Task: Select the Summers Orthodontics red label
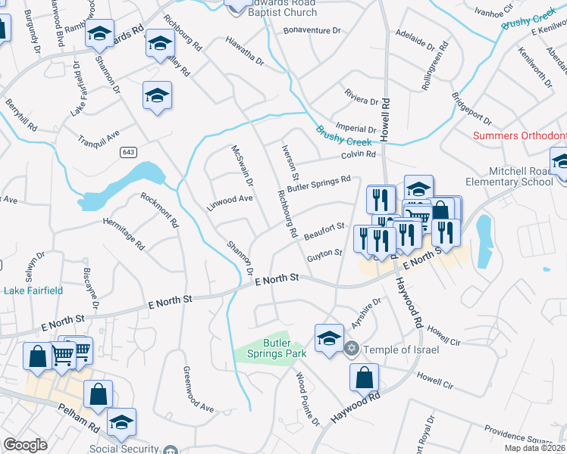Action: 519,136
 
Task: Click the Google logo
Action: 25,445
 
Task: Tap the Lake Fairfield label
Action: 33,290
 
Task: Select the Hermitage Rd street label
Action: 126,235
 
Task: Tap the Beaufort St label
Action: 324,232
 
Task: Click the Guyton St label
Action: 325,256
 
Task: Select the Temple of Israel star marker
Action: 351,349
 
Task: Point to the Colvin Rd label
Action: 359,154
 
